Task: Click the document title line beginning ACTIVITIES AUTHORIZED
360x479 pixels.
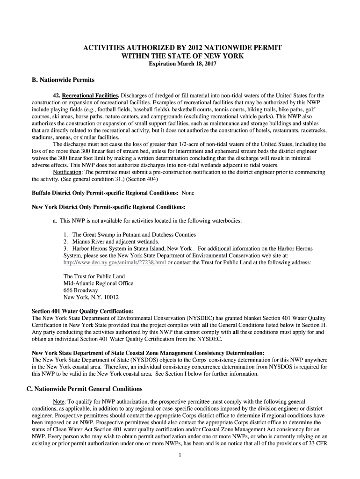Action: (x=182, y=48)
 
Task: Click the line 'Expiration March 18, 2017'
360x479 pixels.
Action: (x=179, y=64)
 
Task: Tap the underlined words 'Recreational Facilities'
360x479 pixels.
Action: (x=91, y=95)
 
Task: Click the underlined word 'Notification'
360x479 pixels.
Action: (x=68, y=172)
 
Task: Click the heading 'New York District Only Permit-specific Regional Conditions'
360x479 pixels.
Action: (x=108, y=207)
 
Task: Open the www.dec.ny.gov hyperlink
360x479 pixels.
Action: (x=115, y=262)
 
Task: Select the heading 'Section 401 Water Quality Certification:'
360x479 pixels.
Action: (x=83, y=311)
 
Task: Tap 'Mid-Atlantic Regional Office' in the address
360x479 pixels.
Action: (x=98, y=283)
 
